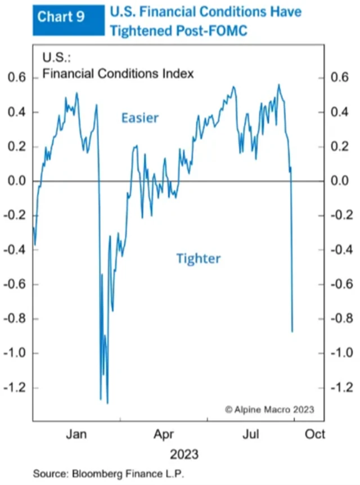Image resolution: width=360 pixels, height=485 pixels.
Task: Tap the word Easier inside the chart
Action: click(x=140, y=118)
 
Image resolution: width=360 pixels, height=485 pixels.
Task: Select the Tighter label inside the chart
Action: click(x=198, y=259)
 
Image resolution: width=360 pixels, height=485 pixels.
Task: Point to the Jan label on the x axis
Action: click(x=76, y=434)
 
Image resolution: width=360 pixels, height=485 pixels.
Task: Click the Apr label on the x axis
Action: click(x=164, y=434)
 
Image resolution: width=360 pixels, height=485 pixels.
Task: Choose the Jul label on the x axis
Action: click(x=251, y=434)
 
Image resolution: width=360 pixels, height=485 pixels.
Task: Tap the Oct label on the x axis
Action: click(x=315, y=434)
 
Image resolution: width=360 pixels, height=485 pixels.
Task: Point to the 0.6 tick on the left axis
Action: click(x=15, y=78)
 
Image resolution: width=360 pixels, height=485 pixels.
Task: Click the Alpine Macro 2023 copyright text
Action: click(x=269, y=409)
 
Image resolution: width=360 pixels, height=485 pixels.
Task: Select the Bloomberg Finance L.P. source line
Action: click(x=108, y=473)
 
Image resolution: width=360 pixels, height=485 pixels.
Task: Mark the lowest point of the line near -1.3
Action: click(x=107, y=403)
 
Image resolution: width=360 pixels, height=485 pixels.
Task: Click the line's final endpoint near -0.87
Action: click(x=292, y=331)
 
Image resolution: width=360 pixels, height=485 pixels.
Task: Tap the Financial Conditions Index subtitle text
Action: click(x=118, y=73)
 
